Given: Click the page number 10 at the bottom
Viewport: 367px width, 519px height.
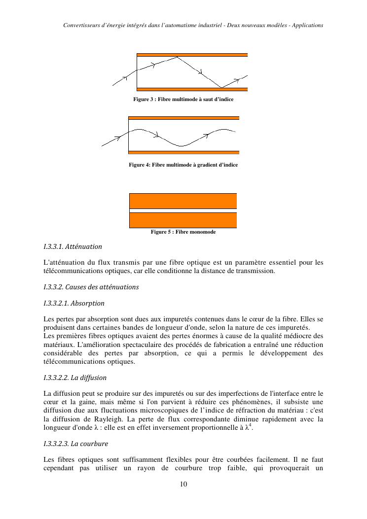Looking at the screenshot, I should (x=183, y=484).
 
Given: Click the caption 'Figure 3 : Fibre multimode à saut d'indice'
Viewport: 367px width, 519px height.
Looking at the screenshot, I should (x=183, y=100).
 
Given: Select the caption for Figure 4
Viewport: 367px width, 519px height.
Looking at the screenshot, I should (x=183, y=165).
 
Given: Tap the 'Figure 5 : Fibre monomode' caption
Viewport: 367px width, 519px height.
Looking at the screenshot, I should (x=183, y=232).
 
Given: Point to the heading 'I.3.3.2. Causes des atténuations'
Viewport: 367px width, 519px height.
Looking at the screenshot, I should (x=91, y=287).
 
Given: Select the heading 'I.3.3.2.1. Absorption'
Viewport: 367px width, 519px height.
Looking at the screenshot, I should (x=74, y=303).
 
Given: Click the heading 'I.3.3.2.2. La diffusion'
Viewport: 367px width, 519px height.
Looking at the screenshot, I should (x=75, y=378).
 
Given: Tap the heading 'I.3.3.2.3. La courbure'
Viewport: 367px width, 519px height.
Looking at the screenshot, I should (x=75, y=444).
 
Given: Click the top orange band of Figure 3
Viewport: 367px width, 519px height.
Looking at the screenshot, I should (x=192, y=55).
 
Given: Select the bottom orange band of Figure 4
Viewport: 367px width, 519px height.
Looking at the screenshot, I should (x=183, y=152).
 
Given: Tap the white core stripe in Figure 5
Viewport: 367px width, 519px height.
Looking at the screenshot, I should (x=183, y=210).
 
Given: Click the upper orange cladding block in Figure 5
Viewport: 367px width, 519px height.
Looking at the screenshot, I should (x=183, y=201).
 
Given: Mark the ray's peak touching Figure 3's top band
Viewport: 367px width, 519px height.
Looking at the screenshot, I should (x=177, y=57).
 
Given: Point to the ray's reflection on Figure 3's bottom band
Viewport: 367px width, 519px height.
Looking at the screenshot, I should (x=221, y=88).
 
